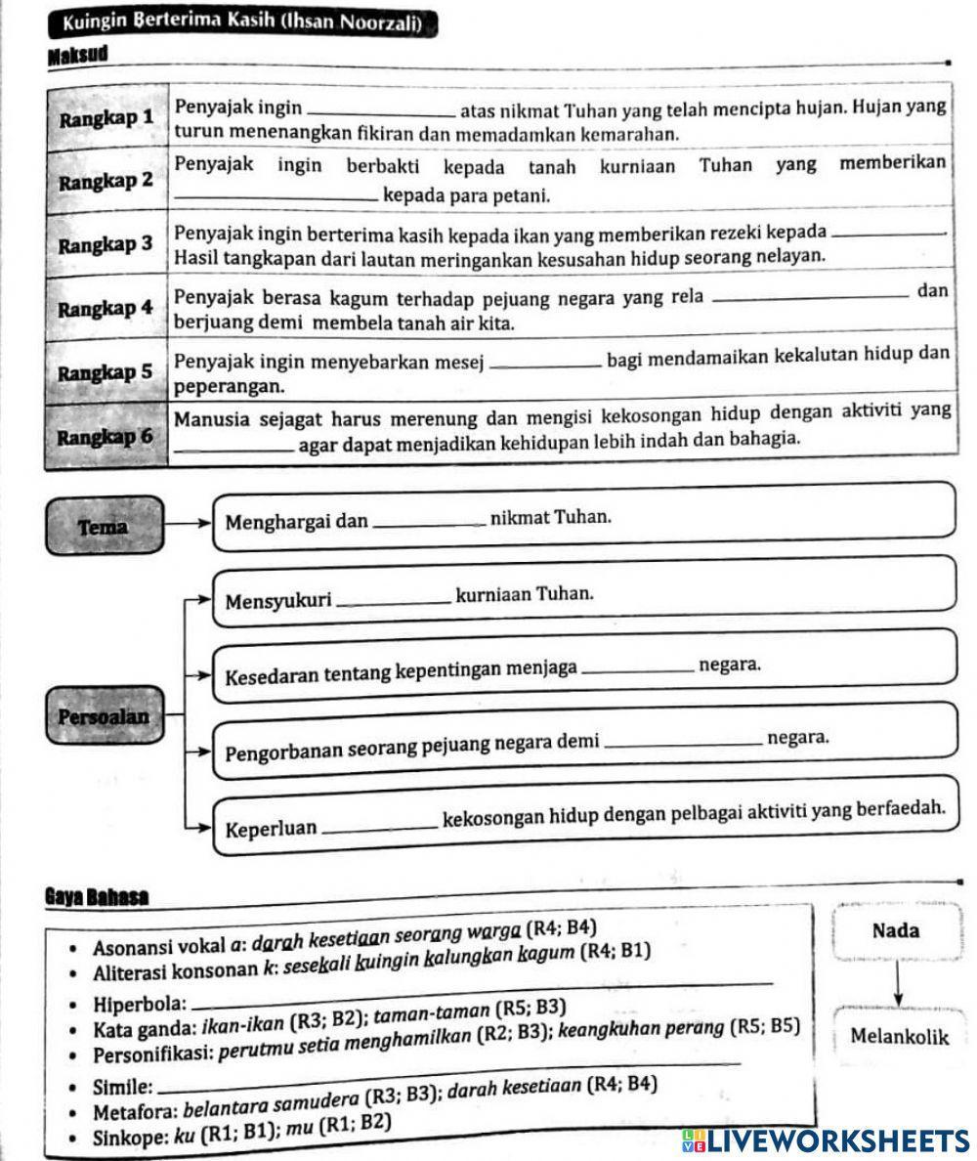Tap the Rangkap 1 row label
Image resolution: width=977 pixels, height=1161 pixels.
point(106,119)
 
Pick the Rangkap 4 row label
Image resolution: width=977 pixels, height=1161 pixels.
point(106,309)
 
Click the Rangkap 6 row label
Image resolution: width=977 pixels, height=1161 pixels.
point(106,436)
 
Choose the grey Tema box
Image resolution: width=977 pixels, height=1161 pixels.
point(104,527)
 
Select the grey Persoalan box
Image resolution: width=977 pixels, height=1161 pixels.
point(104,716)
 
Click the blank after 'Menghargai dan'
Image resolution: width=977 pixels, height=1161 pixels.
point(429,526)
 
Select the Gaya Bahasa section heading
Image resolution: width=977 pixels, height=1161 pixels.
point(97,896)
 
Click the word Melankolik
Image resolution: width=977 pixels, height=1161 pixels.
point(899,1036)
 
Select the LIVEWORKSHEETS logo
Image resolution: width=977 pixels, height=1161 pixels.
point(827,1140)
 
